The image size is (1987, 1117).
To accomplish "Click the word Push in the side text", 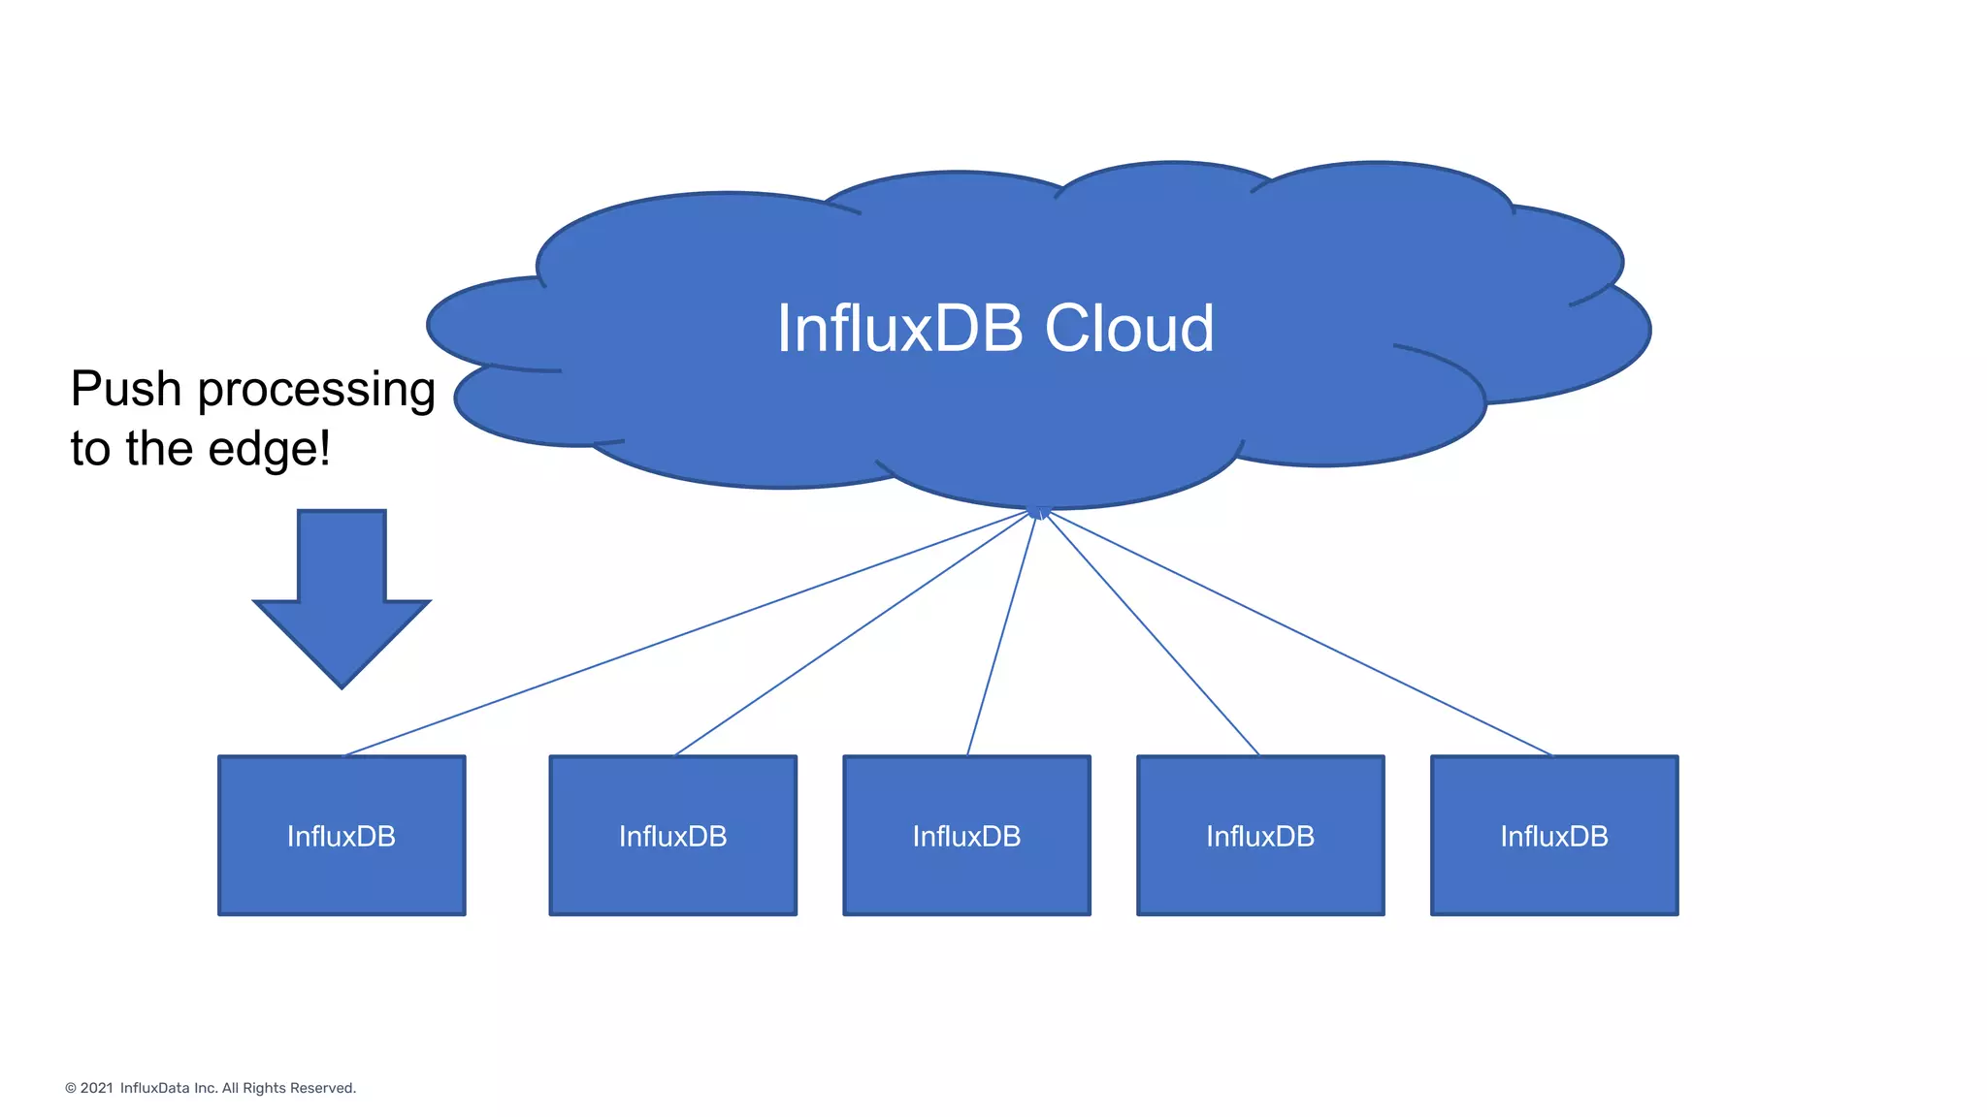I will click(x=126, y=389).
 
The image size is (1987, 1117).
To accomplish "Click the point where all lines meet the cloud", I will click(x=1038, y=512).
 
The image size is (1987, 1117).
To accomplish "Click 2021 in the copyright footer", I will click(x=96, y=1088).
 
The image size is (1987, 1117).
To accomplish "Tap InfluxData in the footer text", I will click(x=154, y=1088).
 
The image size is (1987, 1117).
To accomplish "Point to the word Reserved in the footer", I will click(x=323, y=1088).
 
